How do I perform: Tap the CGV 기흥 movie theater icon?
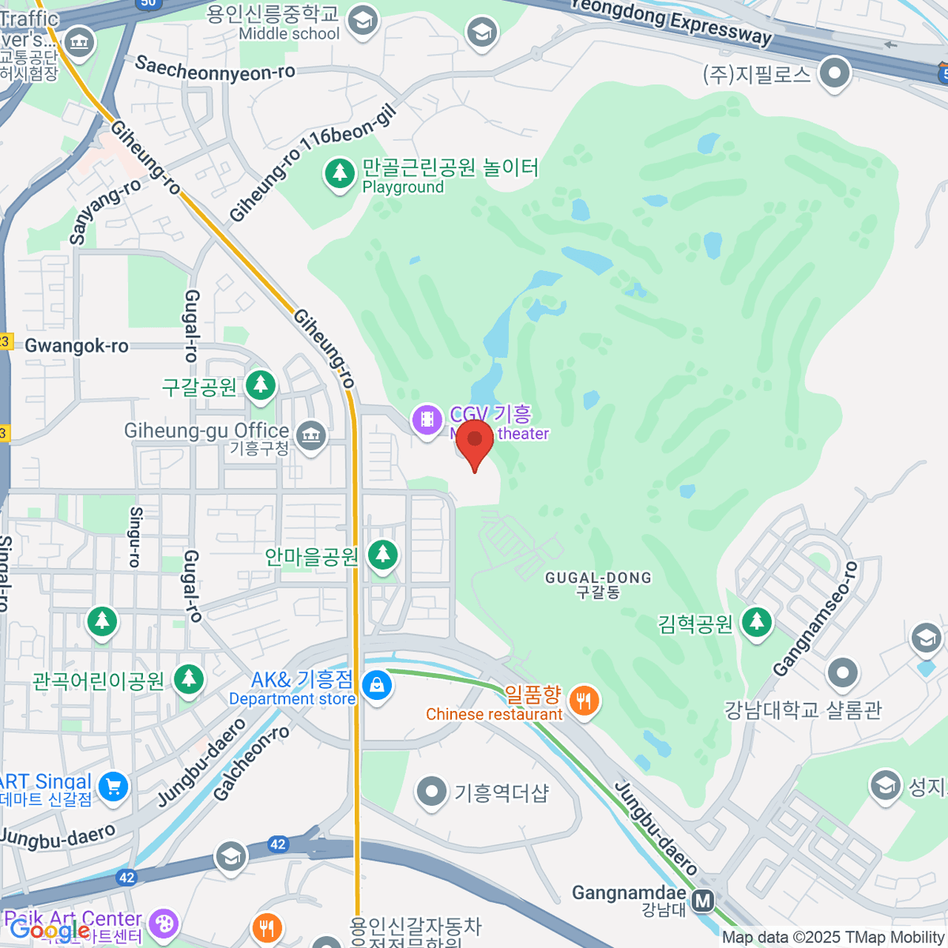coord(427,419)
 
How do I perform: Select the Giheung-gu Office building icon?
coord(311,434)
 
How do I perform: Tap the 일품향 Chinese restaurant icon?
coord(584,701)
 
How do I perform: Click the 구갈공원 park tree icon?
coord(260,385)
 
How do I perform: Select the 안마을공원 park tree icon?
coord(383,554)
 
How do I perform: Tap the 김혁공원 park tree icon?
coord(757,622)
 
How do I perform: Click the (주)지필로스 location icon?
coord(833,74)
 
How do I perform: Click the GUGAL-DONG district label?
coord(598,578)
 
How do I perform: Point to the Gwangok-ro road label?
coord(77,346)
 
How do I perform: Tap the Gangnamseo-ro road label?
coord(815,619)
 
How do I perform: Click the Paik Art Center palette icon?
coord(164,922)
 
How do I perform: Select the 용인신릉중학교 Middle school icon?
coord(363,21)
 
